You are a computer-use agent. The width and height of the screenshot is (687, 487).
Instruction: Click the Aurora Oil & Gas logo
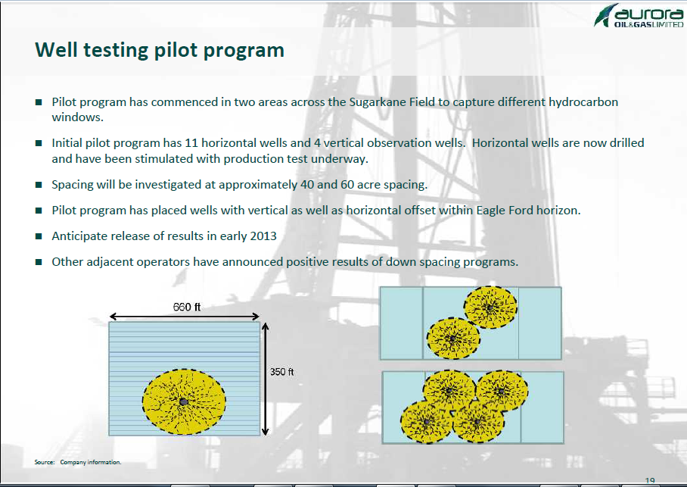coord(639,15)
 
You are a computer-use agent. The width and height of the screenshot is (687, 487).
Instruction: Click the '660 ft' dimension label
coord(187,307)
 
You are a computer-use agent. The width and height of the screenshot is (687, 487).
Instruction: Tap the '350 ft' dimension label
coord(281,372)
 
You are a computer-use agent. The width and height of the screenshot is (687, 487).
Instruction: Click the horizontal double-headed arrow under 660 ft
coord(185,317)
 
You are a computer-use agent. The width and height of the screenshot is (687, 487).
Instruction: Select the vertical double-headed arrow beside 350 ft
coord(265,379)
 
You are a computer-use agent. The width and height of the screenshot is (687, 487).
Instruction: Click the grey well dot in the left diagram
coord(184,401)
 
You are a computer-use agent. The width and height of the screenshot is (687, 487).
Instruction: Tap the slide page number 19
coord(650,481)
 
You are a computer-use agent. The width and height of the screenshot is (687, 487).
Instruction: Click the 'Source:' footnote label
coord(45,462)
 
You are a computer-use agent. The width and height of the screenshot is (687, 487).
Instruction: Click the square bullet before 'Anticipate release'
coord(39,236)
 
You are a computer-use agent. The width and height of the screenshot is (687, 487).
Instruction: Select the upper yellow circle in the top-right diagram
coord(490,307)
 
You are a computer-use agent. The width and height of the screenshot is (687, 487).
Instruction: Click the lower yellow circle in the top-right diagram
coord(453,339)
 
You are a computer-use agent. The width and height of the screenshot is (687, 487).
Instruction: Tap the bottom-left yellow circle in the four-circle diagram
coord(426,422)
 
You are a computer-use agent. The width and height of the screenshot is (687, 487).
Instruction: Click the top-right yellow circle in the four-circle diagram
coord(502,391)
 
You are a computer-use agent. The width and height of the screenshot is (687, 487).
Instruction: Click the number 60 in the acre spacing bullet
coord(347,185)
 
